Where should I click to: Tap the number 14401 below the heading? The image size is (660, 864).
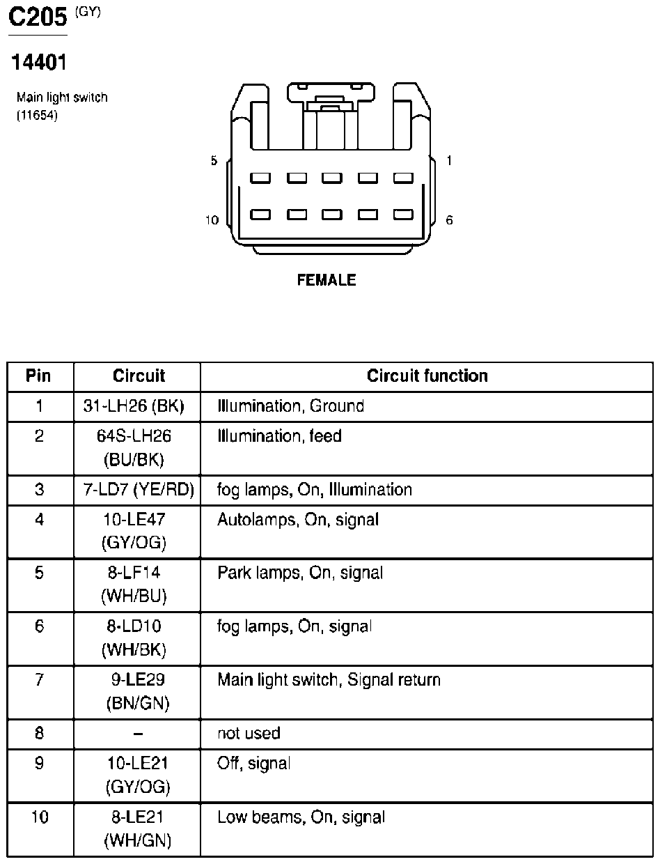(38, 63)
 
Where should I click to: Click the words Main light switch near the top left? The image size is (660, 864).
(62, 98)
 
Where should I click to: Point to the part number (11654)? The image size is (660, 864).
(37, 116)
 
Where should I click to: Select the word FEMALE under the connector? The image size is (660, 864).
(327, 280)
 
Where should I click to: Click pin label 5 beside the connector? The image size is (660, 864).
(214, 161)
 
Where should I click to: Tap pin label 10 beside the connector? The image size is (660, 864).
(212, 220)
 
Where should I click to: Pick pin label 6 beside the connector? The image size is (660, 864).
(449, 220)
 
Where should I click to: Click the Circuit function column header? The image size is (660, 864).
(427, 376)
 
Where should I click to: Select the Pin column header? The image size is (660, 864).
(38, 376)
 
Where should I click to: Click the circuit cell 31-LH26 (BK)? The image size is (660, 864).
(134, 406)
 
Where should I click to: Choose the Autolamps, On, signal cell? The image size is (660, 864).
(298, 520)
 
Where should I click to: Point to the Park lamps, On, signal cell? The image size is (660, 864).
(300, 573)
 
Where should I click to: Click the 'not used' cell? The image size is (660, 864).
(249, 733)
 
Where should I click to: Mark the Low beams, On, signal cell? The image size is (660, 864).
(301, 817)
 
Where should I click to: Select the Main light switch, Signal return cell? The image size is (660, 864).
(329, 679)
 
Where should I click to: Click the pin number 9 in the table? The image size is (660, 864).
(39, 764)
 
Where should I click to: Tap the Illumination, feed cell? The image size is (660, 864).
(279, 437)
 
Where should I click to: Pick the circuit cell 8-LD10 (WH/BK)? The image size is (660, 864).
(134, 638)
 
